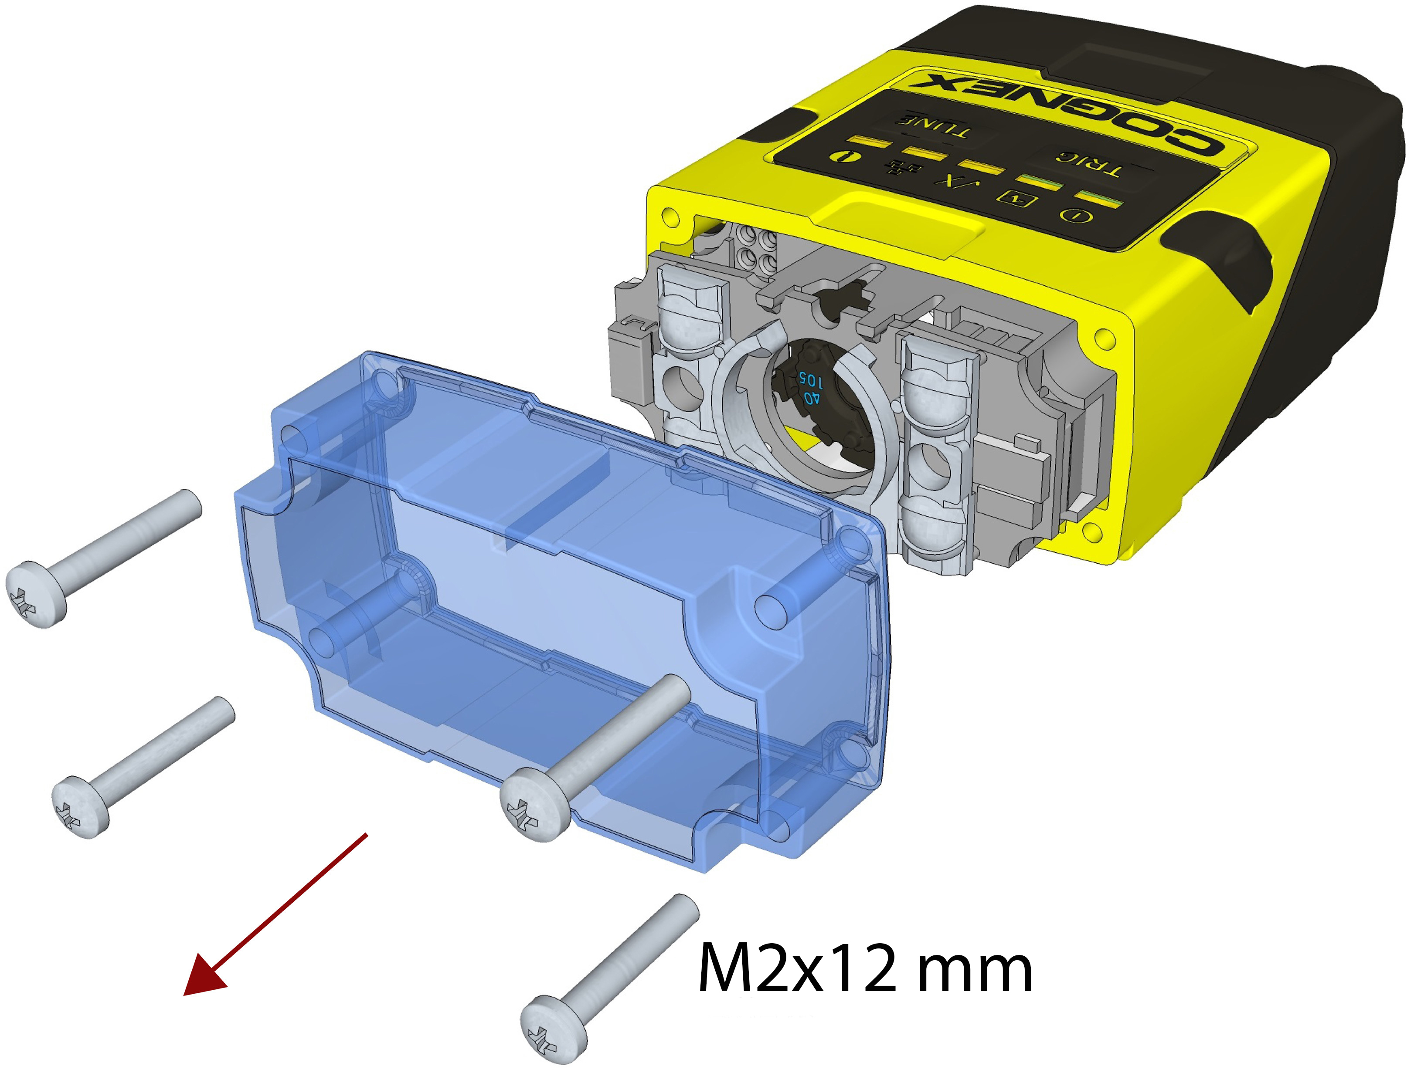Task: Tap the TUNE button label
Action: pos(934,126)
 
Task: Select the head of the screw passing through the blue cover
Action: pos(534,804)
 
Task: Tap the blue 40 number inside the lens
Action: pos(810,400)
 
